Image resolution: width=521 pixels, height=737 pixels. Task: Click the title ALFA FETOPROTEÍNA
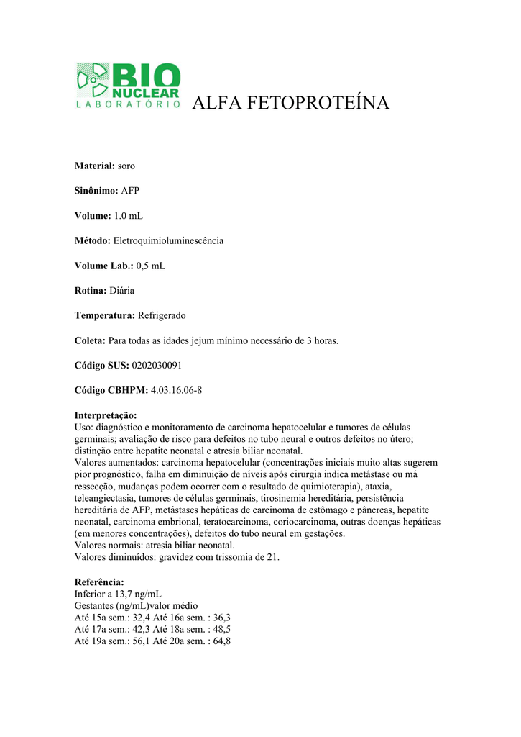[x=291, y=104]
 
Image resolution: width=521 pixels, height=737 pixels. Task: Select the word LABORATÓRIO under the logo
[x=128, y=104]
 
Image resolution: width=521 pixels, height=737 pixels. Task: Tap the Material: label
[x=95, y=166]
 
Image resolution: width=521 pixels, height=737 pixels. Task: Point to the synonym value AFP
[x=130, y=191]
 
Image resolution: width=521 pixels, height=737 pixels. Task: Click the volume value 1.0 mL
[x=129, y=216]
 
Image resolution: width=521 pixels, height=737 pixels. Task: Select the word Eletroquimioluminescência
[x=169, y=240]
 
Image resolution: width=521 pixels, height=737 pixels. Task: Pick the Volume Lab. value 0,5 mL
[x=150, y=266]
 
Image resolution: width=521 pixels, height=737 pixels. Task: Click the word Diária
[x=121, y=291]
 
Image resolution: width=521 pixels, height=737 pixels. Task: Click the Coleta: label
[x=91, y=340]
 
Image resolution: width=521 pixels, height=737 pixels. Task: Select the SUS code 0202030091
[x=156, y=366]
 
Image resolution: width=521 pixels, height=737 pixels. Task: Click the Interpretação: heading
[x=106, y=415]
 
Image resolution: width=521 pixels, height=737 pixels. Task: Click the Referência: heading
[x=99, y=582]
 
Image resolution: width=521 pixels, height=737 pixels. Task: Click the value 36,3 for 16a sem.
[x=222, y=618]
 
